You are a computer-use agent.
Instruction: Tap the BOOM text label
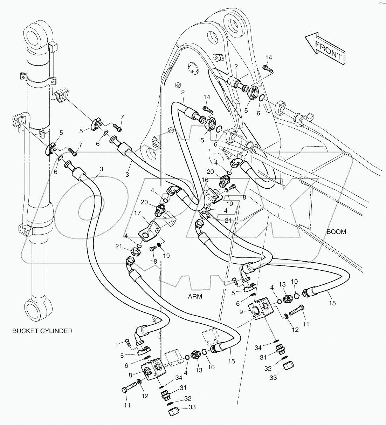(336, 232)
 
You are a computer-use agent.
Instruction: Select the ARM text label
(195, 296)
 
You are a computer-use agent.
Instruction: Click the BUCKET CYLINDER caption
(42, 331)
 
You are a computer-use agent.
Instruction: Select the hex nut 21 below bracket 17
(133, 251)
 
